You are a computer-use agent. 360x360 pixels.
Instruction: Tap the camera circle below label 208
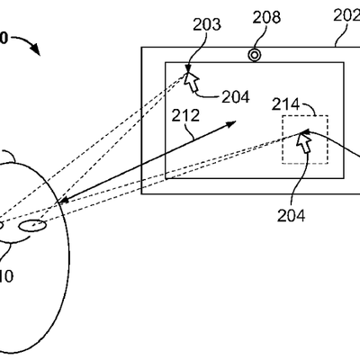click(x=255, y=55)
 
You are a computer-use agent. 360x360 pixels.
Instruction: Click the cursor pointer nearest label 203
click(x=192, y=79)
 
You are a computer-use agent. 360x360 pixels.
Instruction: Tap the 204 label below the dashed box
click(x=292, y=214)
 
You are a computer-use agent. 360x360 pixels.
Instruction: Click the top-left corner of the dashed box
click(x=283, y=115)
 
